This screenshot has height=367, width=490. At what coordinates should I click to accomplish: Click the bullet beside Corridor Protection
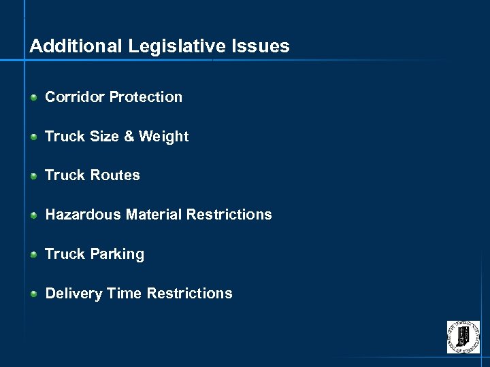pos(33,97)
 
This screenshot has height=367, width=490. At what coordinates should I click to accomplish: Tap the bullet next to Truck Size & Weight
pos(33,137)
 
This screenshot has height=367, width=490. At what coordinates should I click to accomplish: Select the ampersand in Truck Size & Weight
pos(129,137)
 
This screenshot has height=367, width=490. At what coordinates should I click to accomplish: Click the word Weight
pos(163,137)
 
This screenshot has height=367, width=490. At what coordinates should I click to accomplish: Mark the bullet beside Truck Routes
pos(33,176)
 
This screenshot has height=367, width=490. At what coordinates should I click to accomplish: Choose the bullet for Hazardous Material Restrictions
pos(33,215)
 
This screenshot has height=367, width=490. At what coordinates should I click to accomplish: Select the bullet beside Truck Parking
pos(33,254)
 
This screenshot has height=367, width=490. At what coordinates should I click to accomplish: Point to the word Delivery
pos(73,294)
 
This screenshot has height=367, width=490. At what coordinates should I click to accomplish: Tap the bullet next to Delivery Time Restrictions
pos(33,294)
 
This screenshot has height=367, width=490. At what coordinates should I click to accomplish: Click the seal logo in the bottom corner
pos(463,337)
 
